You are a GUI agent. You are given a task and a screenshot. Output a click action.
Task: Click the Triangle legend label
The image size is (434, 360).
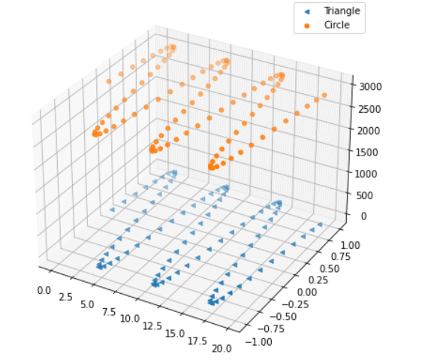click(342, 11)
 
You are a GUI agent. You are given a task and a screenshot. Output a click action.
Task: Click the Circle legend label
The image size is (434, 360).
click(336, 26)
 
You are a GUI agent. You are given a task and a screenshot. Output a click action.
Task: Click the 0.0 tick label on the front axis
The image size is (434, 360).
click(43, 289)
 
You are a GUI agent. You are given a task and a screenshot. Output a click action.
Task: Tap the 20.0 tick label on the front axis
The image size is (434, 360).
click(222, 348)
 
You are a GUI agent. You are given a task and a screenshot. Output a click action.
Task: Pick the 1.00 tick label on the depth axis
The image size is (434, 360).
click(350, 244)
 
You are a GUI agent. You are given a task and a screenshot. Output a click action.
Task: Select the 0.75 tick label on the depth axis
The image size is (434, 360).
click(341, 256)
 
